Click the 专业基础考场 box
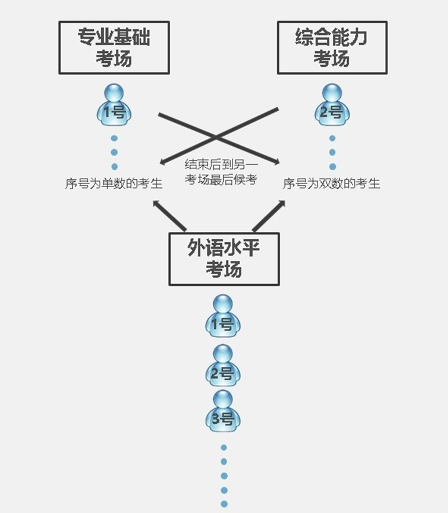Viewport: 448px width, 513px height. (114, 48)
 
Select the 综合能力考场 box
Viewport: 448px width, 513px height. (332, 48)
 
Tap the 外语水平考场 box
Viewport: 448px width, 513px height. (224, 259)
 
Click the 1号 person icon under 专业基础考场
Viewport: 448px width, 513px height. (114, 105)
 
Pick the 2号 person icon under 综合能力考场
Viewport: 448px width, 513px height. (332, 105)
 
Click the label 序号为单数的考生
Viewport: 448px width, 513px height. (114, 184)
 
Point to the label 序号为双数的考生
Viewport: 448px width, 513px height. (331, 184)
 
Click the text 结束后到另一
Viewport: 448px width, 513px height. (221, 165)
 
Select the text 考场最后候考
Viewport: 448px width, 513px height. (221, 180)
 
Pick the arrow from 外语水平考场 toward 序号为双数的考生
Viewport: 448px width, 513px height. (269, 215)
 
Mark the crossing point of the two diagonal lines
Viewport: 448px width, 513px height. (217, 137)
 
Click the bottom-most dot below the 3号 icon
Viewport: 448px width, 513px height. (224, 504)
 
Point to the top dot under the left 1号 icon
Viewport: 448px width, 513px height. (114, 139)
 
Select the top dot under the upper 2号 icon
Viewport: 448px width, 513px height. (332, 139)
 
